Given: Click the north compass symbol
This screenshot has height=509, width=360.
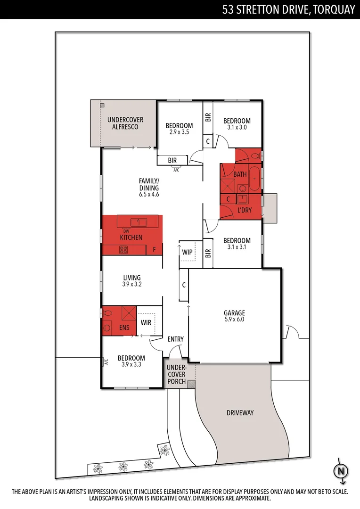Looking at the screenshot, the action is click(341, 471).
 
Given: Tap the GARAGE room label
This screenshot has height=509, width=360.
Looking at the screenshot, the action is click(234, 313).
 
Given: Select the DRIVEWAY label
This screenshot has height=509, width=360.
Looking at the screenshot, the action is click(240, 413).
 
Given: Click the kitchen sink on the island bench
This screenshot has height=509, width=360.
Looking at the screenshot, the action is click(139, 222).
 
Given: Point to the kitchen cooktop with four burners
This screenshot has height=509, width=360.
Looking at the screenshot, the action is click(123, 250).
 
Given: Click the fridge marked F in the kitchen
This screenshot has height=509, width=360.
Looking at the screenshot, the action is click(155, 250).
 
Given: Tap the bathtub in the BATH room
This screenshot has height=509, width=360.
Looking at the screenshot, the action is click(254, 179).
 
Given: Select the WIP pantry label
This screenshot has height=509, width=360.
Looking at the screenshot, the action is click(188, 252).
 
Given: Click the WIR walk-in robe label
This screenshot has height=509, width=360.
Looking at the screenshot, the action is click(146, 323).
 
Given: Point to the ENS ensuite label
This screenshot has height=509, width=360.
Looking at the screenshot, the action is click(124, 328).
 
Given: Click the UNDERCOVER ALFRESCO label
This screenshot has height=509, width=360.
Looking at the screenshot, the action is click(125, 123).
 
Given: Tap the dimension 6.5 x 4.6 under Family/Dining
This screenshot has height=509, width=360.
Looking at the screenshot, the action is click(149, 195).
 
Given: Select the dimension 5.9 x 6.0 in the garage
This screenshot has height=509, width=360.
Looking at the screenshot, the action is click(234, 320).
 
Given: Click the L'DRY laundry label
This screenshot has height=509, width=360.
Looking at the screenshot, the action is click(245, 210).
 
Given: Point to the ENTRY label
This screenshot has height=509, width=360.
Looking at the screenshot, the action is click(176, 339).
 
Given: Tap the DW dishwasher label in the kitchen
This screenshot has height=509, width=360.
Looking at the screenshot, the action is click(126, 231).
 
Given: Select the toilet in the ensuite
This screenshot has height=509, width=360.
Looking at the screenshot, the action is click(107, 313).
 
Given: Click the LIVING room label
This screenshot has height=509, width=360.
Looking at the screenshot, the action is click(132, 278).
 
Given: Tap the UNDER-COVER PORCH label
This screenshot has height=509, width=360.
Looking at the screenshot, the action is click(176, 375).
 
